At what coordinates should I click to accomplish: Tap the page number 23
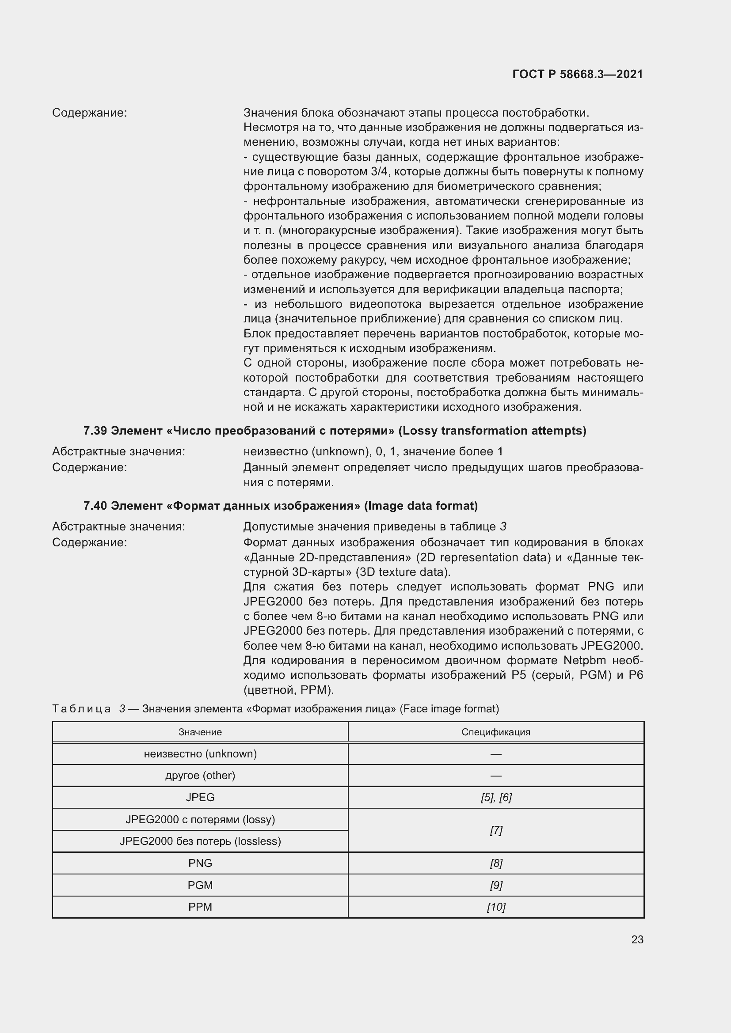637,939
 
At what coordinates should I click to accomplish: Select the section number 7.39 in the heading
95,431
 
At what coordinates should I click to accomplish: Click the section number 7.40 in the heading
95,506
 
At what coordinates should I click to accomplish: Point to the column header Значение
200,732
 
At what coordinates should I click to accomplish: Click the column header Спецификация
495,732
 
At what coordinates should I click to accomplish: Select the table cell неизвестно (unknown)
200,753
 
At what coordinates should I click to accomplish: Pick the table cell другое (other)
200,775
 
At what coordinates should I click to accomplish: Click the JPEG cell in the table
200,797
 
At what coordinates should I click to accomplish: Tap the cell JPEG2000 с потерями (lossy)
200,819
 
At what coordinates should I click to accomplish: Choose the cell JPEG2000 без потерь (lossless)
200,841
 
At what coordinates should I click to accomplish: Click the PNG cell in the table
200,863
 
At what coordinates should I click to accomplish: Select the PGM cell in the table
200,885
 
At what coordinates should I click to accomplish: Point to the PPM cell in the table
200,907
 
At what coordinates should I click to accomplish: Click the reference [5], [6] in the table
496,797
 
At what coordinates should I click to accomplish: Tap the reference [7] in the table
496,830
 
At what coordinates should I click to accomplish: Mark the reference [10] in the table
496,907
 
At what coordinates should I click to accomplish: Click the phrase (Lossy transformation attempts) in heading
492,431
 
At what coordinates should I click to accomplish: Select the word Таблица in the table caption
81,708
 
